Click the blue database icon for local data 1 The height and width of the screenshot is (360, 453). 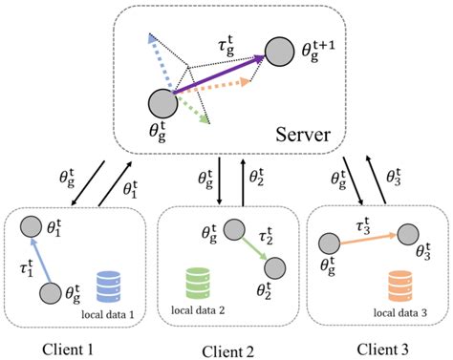click(109, 288)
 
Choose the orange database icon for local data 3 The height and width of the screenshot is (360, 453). click(399, 286)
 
